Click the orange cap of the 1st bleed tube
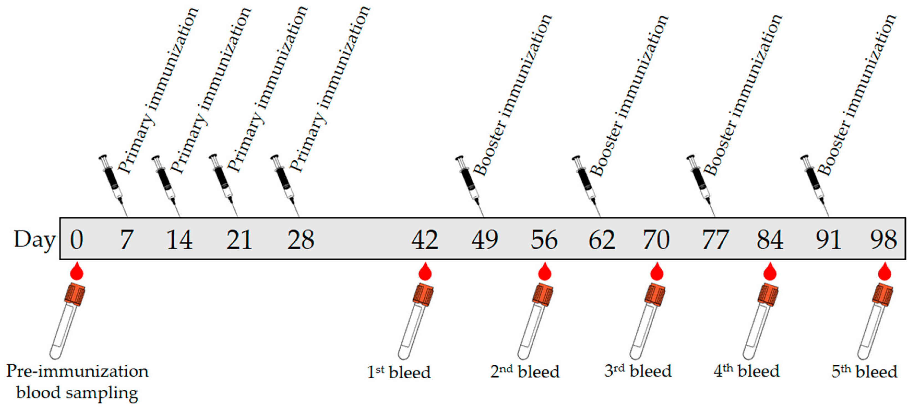pyautogui.click(x=423, y=294)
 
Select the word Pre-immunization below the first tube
pyautogui.click(x=77, y=371)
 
